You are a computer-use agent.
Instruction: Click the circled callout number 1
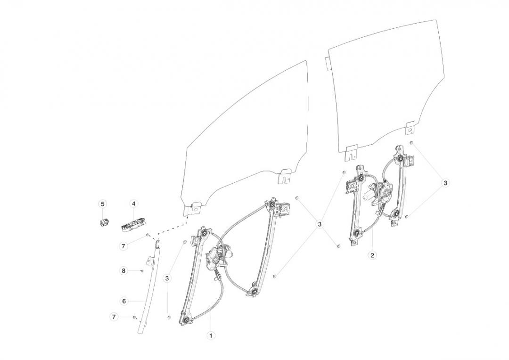(x=211, y=335)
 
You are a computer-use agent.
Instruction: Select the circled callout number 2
(x=372, y=255)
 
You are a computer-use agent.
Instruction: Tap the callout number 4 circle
(x=133, y=204)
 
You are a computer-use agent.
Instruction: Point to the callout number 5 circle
(x=103, y=204)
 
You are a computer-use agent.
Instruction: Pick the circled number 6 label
(x=124, y=301)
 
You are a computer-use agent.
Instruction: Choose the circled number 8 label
(x=123, y=270)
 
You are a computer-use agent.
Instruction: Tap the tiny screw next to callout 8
(x=142, y=270)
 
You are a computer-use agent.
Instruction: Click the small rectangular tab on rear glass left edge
(x=328, y=64)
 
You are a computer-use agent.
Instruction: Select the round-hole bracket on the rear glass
(x=410, y=129)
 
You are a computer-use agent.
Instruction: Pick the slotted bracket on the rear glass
(x=351, y=153)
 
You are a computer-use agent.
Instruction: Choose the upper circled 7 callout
(x=123, y=246)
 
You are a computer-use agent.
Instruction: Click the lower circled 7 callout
(x=114, y=317)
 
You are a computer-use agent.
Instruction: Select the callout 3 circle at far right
(x=445, y=183)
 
